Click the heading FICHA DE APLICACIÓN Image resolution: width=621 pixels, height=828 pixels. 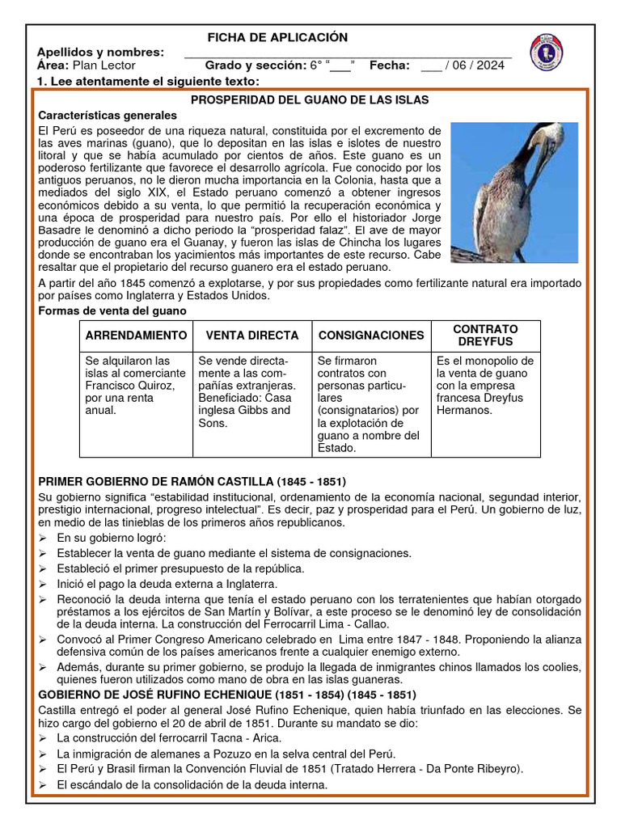click(x=277, y=37)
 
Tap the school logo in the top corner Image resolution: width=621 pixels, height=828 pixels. click(x=547, y=52)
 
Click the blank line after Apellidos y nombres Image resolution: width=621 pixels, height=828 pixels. click(x=348, y=53)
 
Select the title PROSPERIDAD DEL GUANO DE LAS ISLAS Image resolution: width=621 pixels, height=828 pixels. click(x=309, y=99)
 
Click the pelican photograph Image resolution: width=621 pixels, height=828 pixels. click(x=514, y=192)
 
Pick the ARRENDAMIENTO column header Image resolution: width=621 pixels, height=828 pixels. click(x=136, y=336)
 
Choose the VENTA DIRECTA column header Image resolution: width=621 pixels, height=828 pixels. click(x=252, y=336)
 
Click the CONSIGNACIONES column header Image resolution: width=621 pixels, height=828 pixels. click(x=371, y=336)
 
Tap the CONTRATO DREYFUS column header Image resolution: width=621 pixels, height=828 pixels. click(x=485, y=336)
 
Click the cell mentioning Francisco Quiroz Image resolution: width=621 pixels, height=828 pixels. click(x=136, y=385)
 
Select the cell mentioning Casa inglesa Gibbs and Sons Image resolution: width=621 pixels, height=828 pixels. click(x=252, y=391)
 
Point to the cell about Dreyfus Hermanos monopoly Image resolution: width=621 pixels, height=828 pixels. click(x=485, y=385)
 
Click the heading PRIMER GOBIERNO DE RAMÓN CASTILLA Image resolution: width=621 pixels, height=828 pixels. click(x=192, y=481)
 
